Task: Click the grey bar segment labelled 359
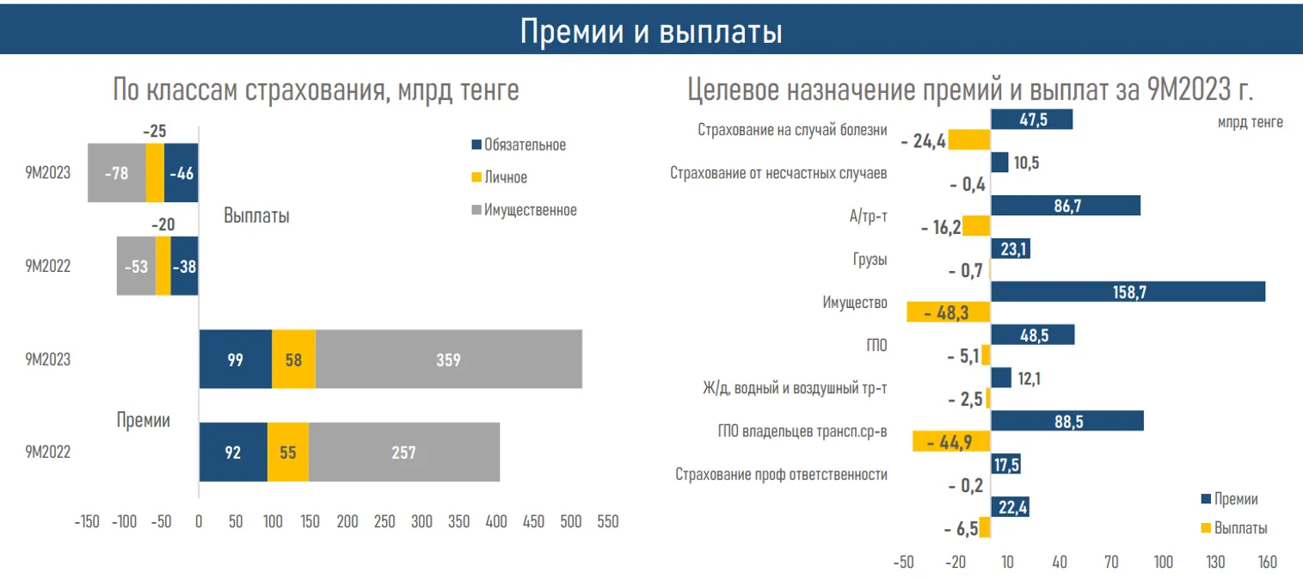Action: pos(448,360)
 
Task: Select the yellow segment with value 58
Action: pos(293,360)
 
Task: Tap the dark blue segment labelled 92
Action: pos(233,452)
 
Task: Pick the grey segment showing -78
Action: pos(116,173)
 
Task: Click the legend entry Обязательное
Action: pos(524,145)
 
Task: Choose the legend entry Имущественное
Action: pos(530,210)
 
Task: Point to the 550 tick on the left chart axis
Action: pos(607,521)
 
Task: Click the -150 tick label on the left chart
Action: pos(88,521)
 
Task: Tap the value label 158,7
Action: pos(1129,292)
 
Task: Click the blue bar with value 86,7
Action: pos(1066,206)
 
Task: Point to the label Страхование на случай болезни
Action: pos(791,131)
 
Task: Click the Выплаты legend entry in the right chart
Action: pos(1239,528)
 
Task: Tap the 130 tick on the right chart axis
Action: pos(1215,563)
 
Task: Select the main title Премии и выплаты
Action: pos(651,33)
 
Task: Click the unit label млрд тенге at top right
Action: pos(1250,122)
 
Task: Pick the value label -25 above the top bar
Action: pos(154,132)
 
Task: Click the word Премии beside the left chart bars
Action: pos(144,421)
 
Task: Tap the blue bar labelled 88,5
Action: pos(1067,421)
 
